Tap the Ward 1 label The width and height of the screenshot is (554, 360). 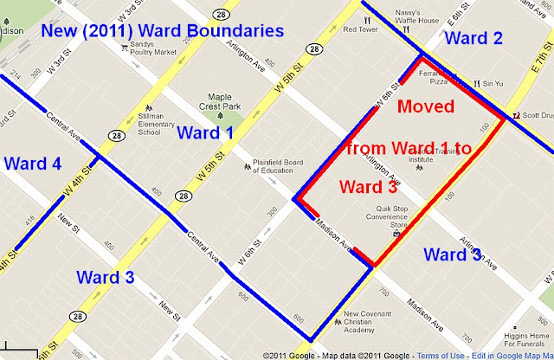tap(205, 132)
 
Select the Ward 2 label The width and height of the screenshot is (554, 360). tap(473, 38)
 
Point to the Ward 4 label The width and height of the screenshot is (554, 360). tap(32, 163)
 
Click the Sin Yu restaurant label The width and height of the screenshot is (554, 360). tap(493, 84)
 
